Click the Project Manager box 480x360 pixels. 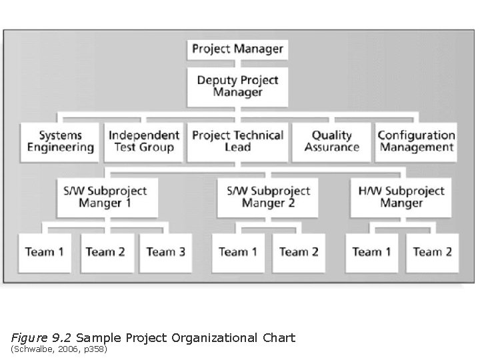[x=237, y=49]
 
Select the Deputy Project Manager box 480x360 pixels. [x=237, y=87]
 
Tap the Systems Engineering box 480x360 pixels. [x=61, y=141]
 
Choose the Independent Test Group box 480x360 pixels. [x=144, y=141]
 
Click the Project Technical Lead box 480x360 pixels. [x=237, y=141]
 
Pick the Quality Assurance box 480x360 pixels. [x=331, y=141]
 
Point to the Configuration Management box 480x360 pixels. [x=416, y=141]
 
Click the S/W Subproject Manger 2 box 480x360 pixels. [x=268, y=197]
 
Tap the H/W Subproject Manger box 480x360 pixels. [x=401, y=197]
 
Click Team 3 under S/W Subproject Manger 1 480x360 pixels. [x=165, y=252]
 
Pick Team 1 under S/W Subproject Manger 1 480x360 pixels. [x=45, y=252]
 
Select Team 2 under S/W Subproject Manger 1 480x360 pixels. [x=105, y=252]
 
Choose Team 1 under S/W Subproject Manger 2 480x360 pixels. [x=238, y=252]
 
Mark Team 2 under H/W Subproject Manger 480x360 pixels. [x=432, y=252]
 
